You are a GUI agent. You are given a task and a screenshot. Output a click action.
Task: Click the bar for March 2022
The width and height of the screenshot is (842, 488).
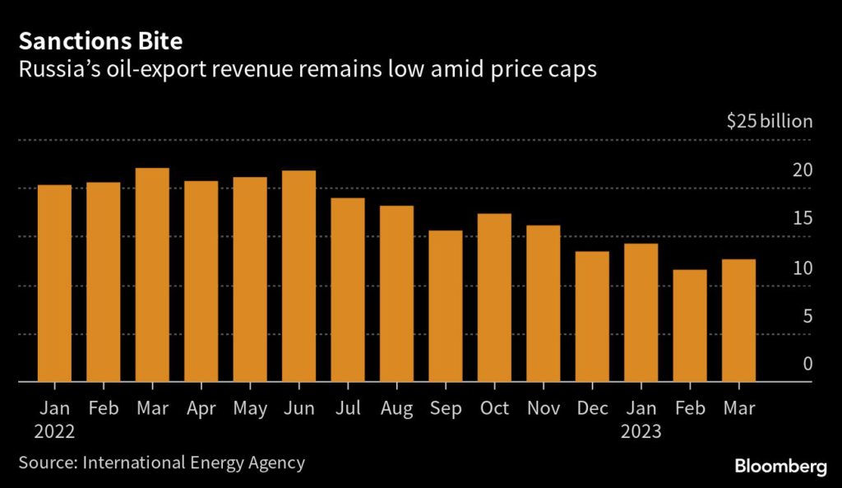click(x=152, y=275)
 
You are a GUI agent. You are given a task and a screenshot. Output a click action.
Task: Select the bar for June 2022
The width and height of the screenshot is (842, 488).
click(x=298, y=277)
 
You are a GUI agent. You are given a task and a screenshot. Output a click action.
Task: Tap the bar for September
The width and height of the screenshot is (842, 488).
click(x=445, y=306)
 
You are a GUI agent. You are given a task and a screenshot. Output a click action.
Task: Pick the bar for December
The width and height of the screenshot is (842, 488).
click(x=592, y=317)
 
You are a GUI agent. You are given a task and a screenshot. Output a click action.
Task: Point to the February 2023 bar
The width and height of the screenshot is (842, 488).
click(x=690, y=326)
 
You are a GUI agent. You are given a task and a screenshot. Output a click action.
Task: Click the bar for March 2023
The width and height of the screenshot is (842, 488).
click(x=738, y=321)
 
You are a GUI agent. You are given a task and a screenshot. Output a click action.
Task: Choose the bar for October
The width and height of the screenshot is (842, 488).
click(x=494, y=298)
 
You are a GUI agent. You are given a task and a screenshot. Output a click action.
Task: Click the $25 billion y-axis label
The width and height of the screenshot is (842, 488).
click(x=770, y=122)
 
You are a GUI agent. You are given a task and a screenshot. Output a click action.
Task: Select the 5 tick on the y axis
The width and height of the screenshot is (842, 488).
click(x=807, y=316)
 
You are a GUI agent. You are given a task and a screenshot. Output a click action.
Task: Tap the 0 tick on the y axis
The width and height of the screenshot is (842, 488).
click(x=807, y=365)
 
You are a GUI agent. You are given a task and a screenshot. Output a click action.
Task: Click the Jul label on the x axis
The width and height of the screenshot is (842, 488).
click(x=347, y=408)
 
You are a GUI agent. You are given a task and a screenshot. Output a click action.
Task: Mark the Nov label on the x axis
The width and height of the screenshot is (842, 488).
click(x=543, y=408)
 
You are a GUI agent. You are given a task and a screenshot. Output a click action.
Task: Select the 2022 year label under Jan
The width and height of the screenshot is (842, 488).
click(x=54, y=430)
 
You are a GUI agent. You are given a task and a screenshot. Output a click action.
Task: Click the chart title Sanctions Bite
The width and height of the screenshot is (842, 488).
click(x=90, y=41)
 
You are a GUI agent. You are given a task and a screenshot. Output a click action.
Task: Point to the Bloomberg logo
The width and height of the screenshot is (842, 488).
click(x=780, y=466)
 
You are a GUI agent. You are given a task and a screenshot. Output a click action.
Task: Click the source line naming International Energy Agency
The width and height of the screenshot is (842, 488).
click(x=161, y=462)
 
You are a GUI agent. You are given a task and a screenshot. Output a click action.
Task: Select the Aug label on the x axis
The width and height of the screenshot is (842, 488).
click(x=396, y=408)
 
